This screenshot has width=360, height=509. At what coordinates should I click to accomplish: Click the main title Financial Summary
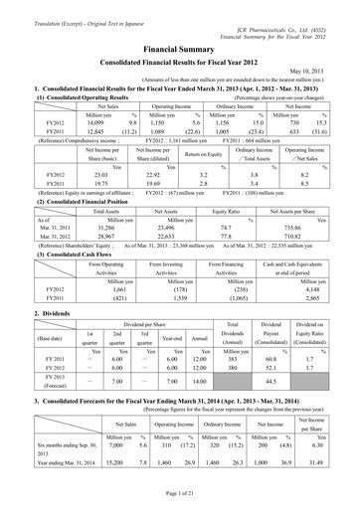[180, 46]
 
